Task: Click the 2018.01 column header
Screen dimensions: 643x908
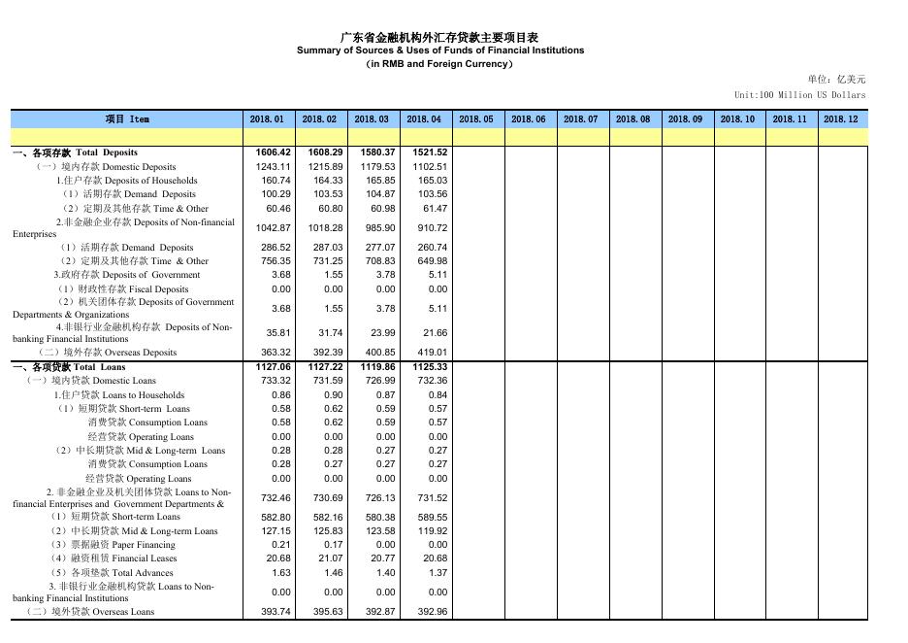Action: point(267,118)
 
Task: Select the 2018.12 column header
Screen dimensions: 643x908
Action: point(840,118)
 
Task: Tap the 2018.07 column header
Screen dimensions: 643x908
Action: point(580,118)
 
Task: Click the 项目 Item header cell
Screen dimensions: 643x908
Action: point(126,118)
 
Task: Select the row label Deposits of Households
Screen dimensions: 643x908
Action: point(126,181)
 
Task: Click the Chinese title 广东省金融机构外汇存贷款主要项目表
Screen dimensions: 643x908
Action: point(440,37)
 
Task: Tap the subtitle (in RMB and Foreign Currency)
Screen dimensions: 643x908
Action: point(440,64)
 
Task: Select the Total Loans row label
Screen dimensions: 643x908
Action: point(69,367)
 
